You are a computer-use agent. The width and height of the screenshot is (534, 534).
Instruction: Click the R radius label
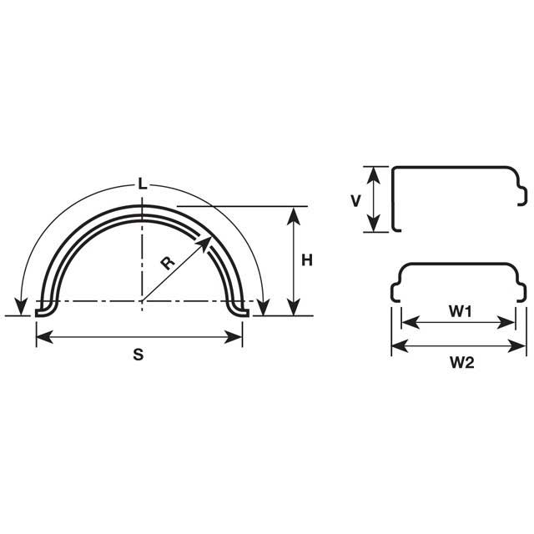167,263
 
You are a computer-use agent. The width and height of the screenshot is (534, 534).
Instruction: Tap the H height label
306,260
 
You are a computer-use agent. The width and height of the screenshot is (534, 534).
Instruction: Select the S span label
139,354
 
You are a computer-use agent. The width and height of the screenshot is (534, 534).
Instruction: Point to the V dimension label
355,201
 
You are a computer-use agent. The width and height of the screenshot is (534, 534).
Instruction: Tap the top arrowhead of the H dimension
293,214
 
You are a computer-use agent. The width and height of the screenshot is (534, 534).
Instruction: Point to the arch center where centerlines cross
142,301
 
